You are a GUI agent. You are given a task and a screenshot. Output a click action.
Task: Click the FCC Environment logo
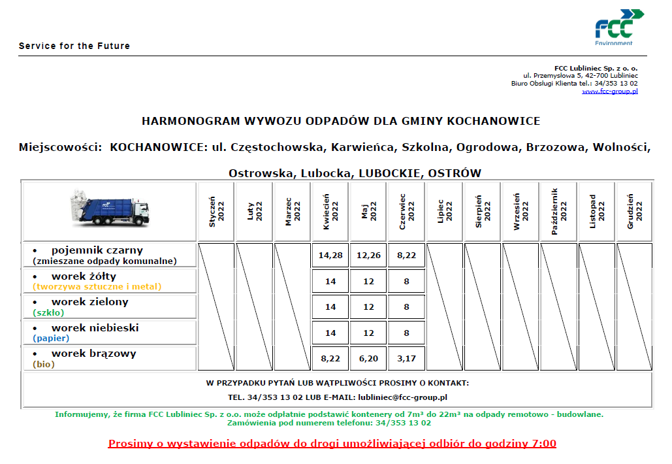pyautogui.click(x=618, y=27)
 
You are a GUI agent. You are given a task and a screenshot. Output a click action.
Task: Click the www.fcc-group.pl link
pyautogui.click(x=609, y=91)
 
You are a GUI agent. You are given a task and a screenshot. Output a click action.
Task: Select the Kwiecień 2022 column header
pyautogui.click(x=330, y=211)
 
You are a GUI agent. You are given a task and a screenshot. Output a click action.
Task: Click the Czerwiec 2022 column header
pyautogui.click(x=406, y=211)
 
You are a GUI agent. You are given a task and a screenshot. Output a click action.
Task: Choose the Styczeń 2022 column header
pyautogui.click(x=216, y=211)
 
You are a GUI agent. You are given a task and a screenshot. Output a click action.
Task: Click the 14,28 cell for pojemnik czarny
pyautogui.click(x=330, y=255)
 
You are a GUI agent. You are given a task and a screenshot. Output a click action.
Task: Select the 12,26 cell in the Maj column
pyautogui.click(x=368, y=255)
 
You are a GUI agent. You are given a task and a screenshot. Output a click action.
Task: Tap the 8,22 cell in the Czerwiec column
pyautogui.click(x=406, y=255)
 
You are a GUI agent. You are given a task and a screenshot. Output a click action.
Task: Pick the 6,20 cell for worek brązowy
pyautogui.click(x=368, y=358)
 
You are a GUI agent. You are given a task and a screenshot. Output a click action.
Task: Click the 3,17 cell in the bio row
pyautogui.click(x=406, y=358)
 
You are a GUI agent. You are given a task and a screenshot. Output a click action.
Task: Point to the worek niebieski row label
pyautogui.click(x=95, y=328)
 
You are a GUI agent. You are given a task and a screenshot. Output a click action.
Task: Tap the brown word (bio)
pyautogui.click(x=44, y=365)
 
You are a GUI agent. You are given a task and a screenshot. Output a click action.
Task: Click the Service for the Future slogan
pyautogui.click(x=74, y=46)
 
